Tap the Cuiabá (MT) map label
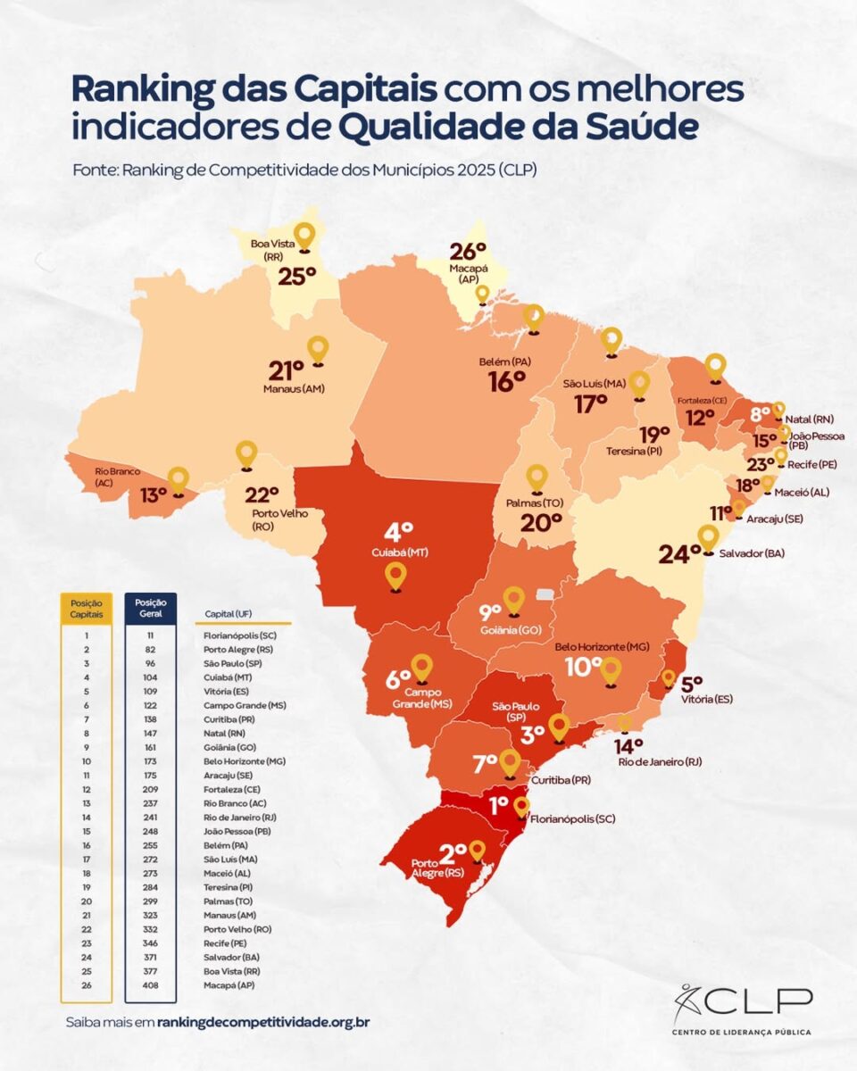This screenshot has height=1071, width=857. coord(398,552)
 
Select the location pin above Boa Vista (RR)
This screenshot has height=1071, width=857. coord(305,237)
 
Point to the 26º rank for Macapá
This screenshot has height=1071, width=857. coord(468,252)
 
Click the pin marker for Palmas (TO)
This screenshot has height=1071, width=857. coord(537,477)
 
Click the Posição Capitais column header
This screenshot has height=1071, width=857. coord(86,609)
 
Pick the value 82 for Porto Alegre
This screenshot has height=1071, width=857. coord(151,650)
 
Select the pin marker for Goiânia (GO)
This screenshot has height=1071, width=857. coord(513,600)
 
